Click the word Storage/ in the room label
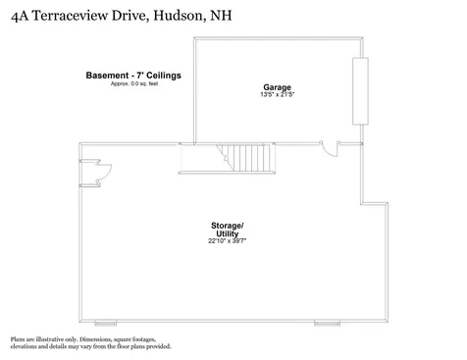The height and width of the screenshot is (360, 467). [226, 226]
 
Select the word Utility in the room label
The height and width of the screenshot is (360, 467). [226, 233]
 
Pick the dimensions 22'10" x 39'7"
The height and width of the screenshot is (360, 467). [226, 241]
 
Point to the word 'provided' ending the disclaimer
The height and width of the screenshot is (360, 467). [157, 346]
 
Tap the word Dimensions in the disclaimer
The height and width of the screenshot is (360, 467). [100, 338]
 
